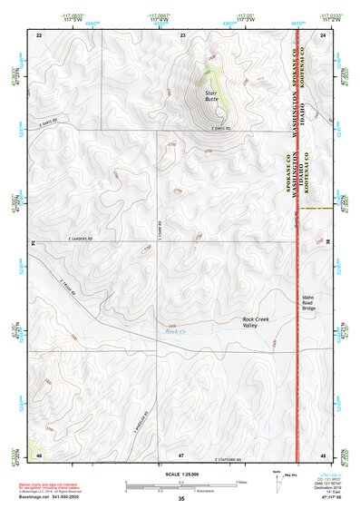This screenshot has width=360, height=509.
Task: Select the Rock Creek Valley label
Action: coord(259,323)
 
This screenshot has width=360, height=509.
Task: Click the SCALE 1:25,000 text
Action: coord(180,473)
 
